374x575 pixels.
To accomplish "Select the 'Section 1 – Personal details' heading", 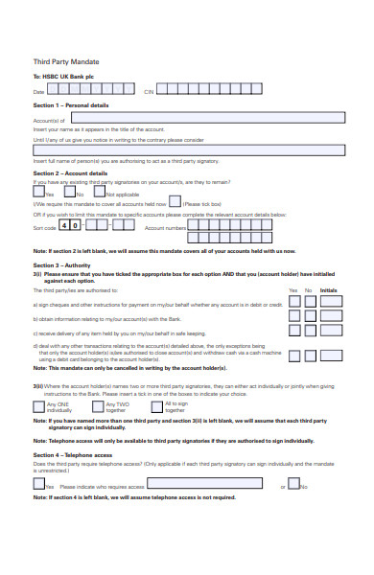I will point(71,104).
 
